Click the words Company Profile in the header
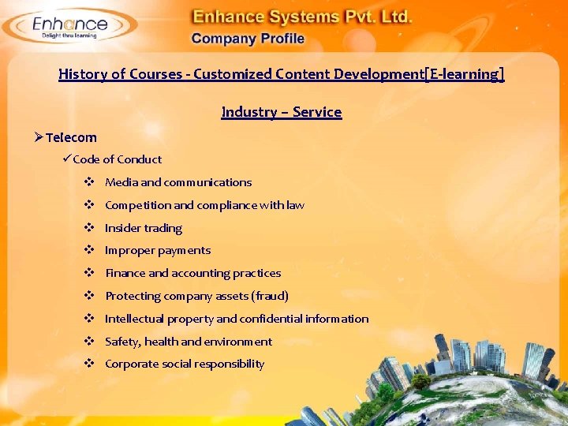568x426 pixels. click(x=248, y=38)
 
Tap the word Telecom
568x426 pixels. click(x=71, y=137)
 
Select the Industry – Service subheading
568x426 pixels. click(x=282, y=112)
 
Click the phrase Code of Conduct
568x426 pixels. click(x=117, y=159)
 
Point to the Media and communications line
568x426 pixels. click(x=178, y=182)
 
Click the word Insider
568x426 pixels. click(x=122, y=228)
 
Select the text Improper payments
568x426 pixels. click(x=158, y=250)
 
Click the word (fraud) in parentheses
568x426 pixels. click(x=270, y=296)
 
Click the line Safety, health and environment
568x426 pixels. click(x=189, y=342)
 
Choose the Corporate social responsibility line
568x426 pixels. click(x=185, y=364)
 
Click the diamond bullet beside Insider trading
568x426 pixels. click(x=90, y=228)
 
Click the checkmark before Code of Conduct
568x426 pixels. click(x=67, y=159)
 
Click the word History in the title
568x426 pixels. click(x=82, y=74)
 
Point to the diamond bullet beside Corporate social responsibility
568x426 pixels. click(x=90, y=364)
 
